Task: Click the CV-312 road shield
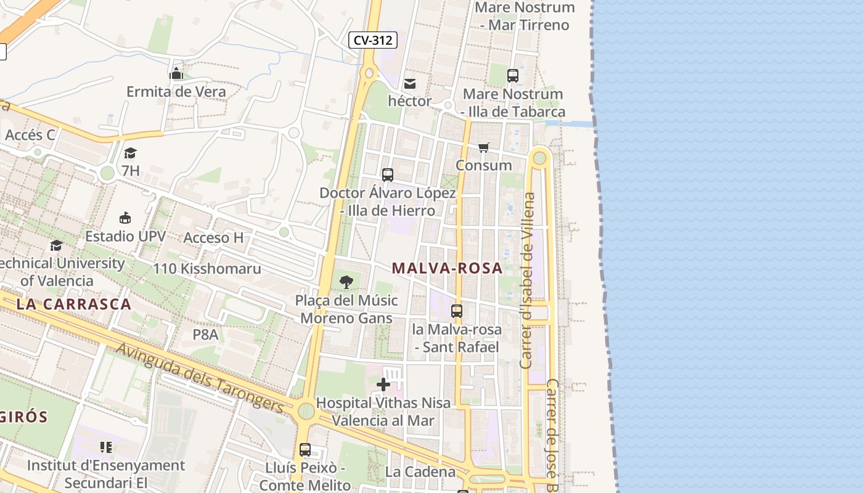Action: point(373,41)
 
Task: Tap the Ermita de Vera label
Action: point(176,92)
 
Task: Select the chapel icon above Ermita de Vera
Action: point(176,74)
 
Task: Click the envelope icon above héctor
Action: point(410,84)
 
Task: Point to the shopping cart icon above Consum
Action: point(484,148)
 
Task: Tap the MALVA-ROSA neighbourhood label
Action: point(448,269)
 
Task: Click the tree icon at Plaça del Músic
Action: point(346,282)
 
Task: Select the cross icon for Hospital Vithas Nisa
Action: point(383,385)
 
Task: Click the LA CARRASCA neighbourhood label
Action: point(74,304)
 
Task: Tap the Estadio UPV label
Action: point(126,236)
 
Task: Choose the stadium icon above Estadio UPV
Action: point(126,218)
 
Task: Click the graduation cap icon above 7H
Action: point(130,153)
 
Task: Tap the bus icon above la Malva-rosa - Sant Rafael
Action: point(457,311)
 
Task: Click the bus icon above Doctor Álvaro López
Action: point(388,175)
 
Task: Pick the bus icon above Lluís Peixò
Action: point(305,450)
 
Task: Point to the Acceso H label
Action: point(214,238)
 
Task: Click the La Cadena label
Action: point(420,472)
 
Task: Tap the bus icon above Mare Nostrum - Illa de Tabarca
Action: point(513,76)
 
